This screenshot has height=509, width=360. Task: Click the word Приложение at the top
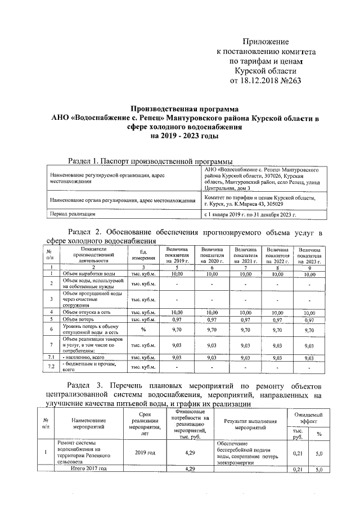click(265, 42)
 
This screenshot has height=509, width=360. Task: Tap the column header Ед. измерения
click(143, 255)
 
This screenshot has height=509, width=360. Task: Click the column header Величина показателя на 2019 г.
click(177, 255)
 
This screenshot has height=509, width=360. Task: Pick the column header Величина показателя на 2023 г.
click(310, 255)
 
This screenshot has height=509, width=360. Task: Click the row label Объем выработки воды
click(87, 273)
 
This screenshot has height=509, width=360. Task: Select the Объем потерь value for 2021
click(244, 319)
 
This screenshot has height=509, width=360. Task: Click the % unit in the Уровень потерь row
click(143, 329)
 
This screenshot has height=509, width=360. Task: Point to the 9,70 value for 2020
click(211, 329)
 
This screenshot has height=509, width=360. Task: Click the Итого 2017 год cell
click(84, 469)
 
